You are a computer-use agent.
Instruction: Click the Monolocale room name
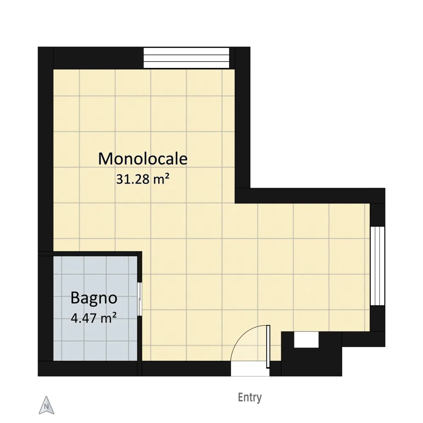[143, 159]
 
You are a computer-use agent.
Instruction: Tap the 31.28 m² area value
[143, 179]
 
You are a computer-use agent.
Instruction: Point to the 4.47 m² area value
[93, 318]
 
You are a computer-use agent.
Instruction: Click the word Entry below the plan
[250, 398]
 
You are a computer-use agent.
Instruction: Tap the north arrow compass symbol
[47, 405]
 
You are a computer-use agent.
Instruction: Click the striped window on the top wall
[186, 58]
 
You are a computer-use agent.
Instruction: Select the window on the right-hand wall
[377, 266]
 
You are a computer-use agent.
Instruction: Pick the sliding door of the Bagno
[140, 299]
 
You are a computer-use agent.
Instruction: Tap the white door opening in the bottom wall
[250, 368]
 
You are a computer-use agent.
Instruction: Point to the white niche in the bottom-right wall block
[306, 340]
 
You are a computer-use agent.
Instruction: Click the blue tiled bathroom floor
[95, 308]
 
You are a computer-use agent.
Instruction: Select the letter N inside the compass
[47, 407]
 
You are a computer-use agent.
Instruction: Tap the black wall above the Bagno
[90, 254]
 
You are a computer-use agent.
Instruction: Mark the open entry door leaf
[268, 347]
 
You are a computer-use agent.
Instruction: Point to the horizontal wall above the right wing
[310, 195]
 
